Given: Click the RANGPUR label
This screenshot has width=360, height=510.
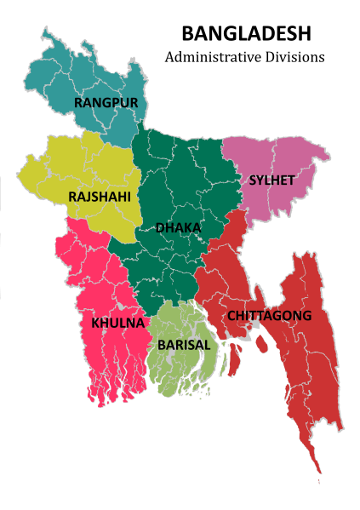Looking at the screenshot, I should (x=106, y=103).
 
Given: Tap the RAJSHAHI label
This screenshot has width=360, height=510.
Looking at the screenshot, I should (x=99, y=197).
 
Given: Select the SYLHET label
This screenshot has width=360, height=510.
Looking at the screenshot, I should (x=271, y=180).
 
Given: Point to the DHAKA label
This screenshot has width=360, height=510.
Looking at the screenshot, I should (x=178, y=228).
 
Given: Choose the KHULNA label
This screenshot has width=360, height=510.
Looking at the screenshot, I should (x=117, y=324).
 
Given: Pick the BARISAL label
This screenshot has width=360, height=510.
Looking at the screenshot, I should (x=184, y=346).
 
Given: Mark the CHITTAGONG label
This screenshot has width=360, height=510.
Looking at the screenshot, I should (x=269, y=316).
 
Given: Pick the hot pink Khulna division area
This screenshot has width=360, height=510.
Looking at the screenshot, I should (x=102, y=281).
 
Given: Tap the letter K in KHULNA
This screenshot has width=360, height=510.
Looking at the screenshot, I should (x=96, y=324).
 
